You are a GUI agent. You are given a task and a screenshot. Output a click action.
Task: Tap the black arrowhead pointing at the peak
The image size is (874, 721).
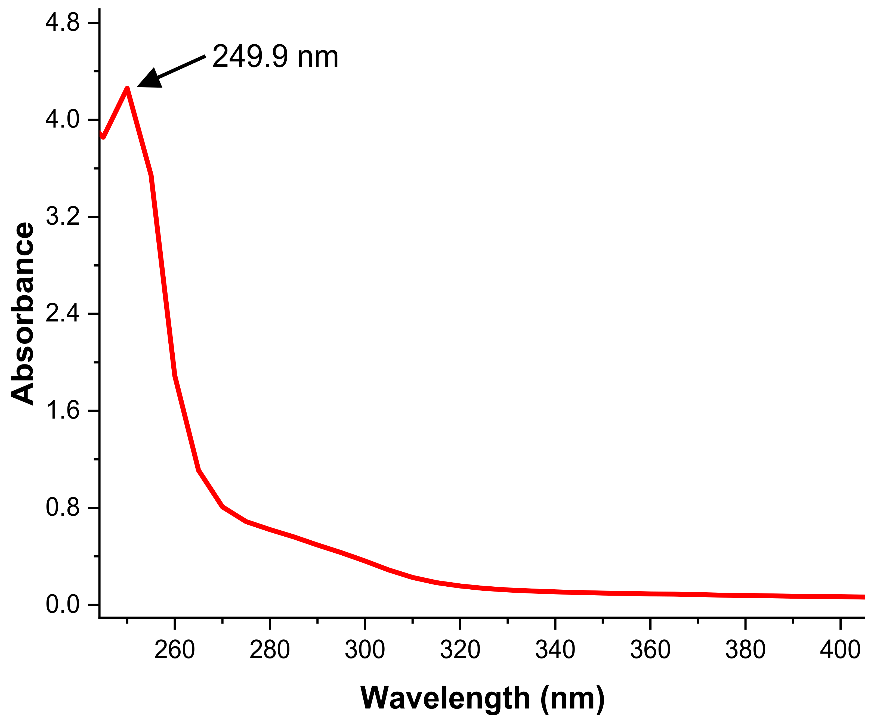tap(150, 79)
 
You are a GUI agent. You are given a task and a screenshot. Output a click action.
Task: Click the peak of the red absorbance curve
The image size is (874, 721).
tap(127, 88)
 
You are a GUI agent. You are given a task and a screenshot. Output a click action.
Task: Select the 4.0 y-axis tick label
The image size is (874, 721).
tap(62, 120)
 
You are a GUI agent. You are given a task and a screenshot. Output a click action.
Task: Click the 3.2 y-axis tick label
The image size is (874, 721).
tap(62, 216)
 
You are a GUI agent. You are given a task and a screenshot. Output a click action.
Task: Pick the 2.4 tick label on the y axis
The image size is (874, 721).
tap(62, 314)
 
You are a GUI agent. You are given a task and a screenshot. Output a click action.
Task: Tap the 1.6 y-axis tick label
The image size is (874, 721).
tap(62, 411)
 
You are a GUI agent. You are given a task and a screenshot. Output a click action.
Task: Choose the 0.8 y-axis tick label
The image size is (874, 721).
tap(62, 508)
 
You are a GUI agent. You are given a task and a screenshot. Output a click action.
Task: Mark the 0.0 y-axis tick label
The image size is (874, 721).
tap(62, 605)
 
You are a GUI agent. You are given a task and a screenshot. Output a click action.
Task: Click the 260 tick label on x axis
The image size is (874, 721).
tap(174, 650)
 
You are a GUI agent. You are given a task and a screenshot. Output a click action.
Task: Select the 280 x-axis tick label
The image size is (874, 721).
tap(270, 650)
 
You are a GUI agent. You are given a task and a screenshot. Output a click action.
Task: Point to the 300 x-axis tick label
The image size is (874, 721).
tap(365, 650)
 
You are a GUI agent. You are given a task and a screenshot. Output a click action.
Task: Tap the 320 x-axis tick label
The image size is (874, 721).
tap(460, 650)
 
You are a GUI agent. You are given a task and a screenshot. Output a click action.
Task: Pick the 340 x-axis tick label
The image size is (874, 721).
tap(555, 650)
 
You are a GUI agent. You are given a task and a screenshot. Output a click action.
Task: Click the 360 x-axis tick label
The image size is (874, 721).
tap(650, 650)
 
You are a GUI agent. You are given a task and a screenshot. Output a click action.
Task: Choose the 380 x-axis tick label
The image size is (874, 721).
tap(745, 650)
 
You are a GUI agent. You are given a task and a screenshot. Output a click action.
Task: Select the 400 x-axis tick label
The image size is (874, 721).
tap(840, 650)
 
